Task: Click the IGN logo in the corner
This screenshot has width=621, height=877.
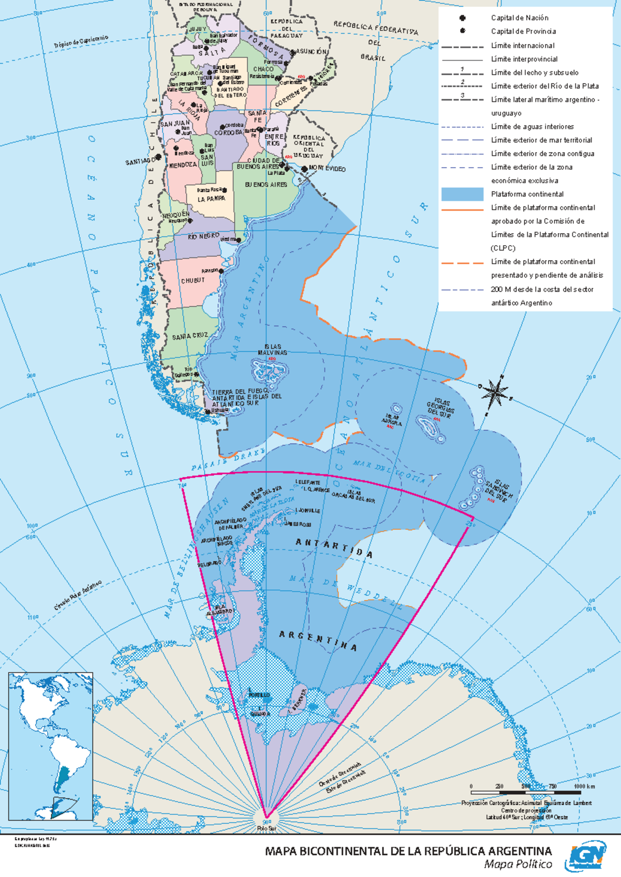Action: (x=588, y=856)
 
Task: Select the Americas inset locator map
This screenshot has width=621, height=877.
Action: (x=51, y=746)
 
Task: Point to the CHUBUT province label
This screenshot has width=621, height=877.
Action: (x=193, y=281)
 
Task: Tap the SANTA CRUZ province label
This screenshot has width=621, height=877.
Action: (x=190, y=337)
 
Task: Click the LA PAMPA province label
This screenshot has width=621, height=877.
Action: (x=211, y=199)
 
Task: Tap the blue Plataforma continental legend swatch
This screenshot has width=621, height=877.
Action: (x=462, y=194)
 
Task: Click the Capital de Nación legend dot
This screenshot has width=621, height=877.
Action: (x=462, y=18)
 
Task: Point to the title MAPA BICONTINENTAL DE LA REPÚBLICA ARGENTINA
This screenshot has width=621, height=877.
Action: (x=408, y=851)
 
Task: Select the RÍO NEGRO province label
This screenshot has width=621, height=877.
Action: (x=203, y=237)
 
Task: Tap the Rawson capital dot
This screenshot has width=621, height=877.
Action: (x=221, y=271)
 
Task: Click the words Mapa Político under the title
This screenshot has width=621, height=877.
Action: (x=517, y=865)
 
